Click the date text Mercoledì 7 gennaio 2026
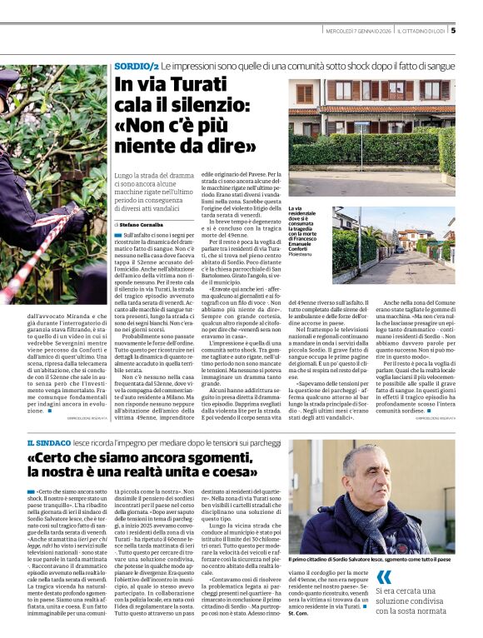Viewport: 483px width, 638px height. click(x=360, y=32)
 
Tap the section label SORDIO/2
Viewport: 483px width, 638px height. click(x=136, y=65)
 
